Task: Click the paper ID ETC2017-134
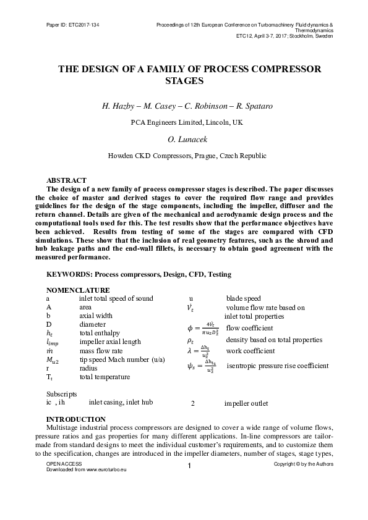tap(72, 25)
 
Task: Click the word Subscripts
tap(62, 393)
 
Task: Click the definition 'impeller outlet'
tap(246, 404)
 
